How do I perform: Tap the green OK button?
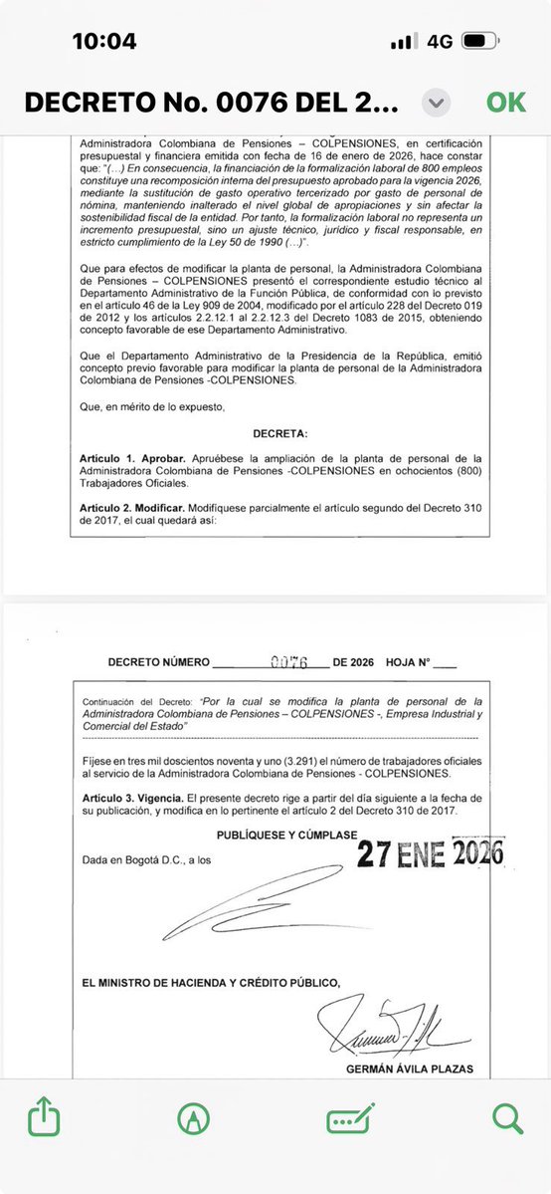505,103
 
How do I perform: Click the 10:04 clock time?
104,41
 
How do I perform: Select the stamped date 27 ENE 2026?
430,852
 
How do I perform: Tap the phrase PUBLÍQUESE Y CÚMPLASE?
285,834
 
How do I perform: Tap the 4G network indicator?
440,41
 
